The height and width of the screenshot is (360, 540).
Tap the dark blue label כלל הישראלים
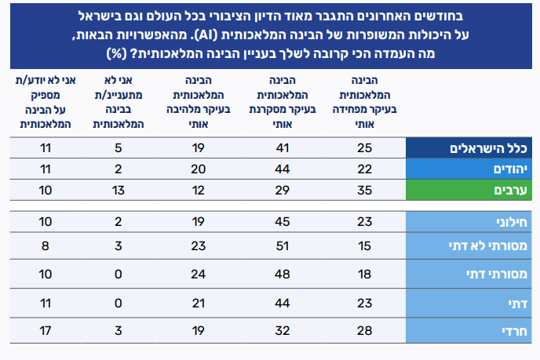(x=489, y=148)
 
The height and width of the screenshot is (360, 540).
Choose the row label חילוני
(x=513, y=221)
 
